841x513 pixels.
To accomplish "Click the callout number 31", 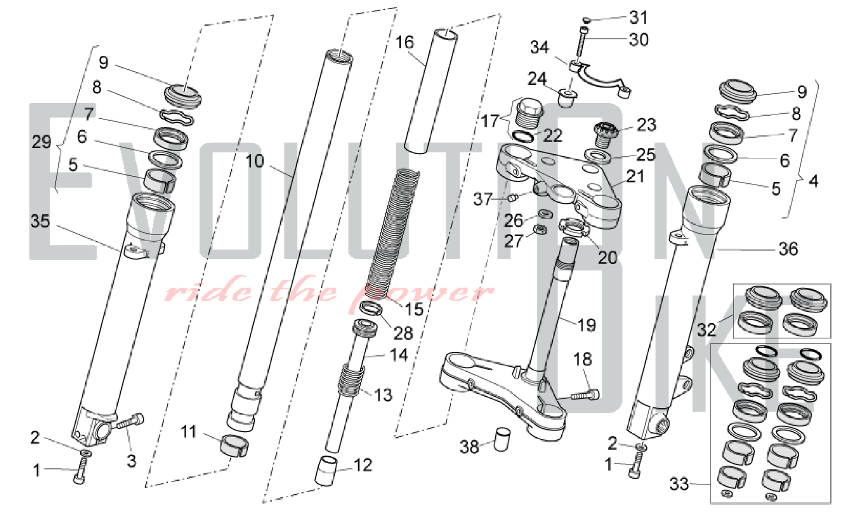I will tap(638, 18).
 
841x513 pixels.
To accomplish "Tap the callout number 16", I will tap(405, 42).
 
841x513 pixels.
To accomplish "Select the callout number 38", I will tap(469, 447).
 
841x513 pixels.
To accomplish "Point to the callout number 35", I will tap(40, 221).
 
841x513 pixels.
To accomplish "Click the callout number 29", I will tap(41, 142).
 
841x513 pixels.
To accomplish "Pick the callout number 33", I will tap(679, 484).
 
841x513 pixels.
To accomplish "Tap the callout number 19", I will tap(587, 325).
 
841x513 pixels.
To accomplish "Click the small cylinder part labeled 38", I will tap(501, 439).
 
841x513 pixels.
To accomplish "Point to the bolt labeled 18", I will tap(585, 395).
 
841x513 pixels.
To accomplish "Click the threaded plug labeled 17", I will tap(529, 113).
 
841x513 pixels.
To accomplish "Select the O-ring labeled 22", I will tap(523, 136).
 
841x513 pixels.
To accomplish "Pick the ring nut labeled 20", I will tap(573, 227).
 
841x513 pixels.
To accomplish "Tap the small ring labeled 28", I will tap(370, 309).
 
